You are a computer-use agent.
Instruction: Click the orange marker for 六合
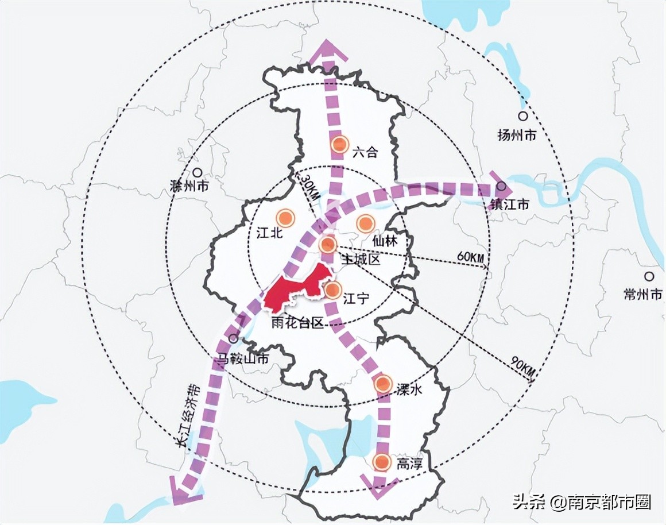pyautogui.click(x=340, y=144)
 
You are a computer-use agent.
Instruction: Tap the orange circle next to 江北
pyautogui.click(x=285, y=218)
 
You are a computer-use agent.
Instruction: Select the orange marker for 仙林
pyautogui.click(x=365, y=223)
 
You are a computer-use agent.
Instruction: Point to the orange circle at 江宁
pyautogui.click(x=332, y=290)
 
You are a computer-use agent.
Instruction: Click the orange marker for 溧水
pyautogui.click(x=383, y=384)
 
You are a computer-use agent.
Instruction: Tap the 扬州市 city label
pyautogui.click(x=517, y=136)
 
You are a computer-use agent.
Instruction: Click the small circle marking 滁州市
pyautogui.click(x=197, y=172)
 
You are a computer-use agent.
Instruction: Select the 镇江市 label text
pyautogui.click(x=509, y=204)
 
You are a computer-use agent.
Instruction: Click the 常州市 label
pyautogui.click(x=644, y=294)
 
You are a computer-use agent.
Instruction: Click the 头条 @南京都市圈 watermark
pyautogui.click(x=582, y=503)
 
